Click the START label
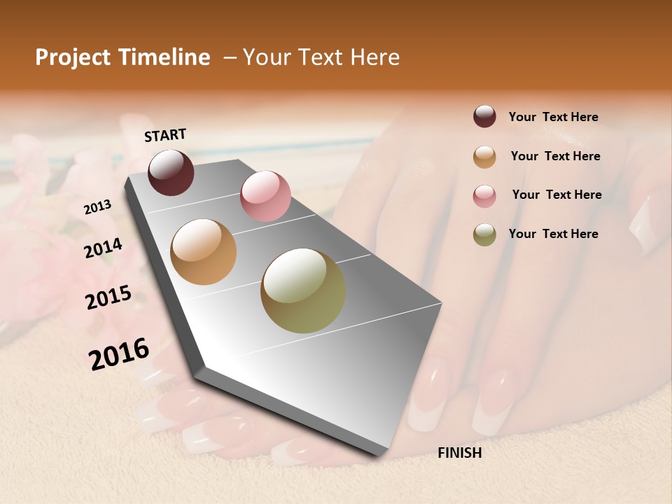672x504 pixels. [165, 135]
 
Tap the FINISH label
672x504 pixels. [459, 453]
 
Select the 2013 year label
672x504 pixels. [98, 206]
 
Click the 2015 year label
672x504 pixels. [108, 297]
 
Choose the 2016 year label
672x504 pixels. [119, 354]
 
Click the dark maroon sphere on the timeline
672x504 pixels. [171, 172]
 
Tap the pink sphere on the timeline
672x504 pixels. [265, 196]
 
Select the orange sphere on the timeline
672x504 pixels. [204, 252]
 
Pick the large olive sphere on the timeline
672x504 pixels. [303, 290]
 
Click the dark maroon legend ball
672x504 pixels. [484, 117]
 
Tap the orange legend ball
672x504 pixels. [484, 157]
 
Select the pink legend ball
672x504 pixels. [484, 196]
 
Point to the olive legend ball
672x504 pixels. [484, 234]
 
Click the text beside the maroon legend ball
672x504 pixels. [553, 117]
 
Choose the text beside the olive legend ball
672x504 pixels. [553, 234]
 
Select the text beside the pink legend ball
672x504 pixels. [556, 195]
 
